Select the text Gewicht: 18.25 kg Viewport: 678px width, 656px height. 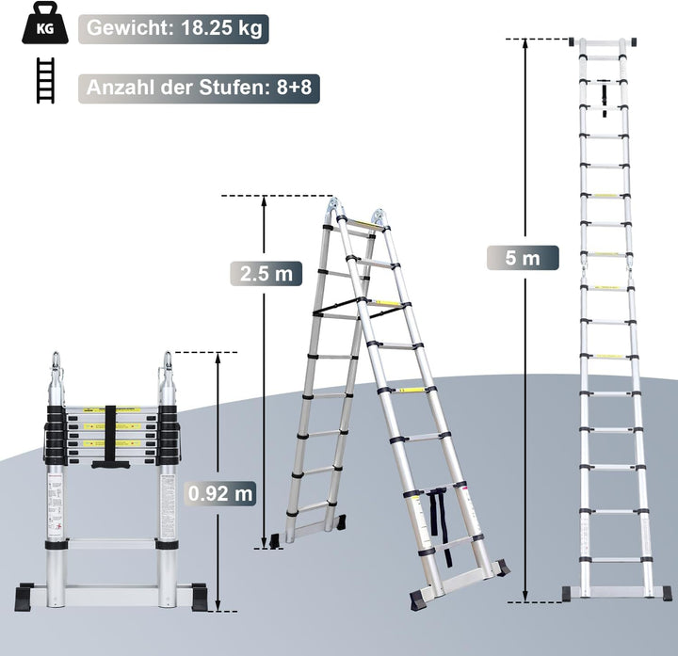click(174, 28)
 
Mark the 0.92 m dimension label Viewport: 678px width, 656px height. click(219, 491)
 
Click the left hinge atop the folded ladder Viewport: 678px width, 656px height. click(56, 368)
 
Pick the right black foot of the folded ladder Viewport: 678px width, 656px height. click(200, 598)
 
